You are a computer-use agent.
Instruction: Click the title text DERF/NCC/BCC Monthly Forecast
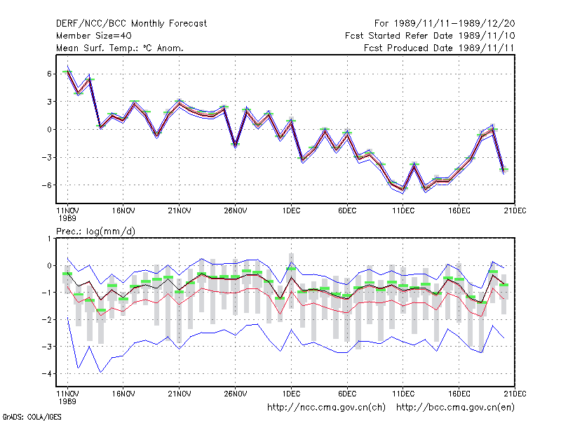pos(131,24)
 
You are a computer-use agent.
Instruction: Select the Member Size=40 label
pos(94,36)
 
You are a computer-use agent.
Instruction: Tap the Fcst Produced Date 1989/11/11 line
pos(439,48)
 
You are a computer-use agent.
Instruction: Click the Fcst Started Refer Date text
pos(402,36)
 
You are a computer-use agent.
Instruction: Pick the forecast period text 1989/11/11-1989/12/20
pos(454,24)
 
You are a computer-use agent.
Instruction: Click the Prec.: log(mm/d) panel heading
pos(95,232)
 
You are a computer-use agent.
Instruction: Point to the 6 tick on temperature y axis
pos(49,74)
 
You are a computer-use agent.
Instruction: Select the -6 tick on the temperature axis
pos(46,185)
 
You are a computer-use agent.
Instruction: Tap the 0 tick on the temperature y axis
pos(49,130)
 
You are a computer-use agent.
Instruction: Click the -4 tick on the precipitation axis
pos(46,374)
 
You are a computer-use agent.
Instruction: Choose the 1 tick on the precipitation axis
pos(49,239)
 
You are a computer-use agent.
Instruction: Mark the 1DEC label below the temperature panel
pos(291,211)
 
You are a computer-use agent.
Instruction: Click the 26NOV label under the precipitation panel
pos(236,394)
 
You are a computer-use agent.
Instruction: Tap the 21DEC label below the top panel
pos(515,211)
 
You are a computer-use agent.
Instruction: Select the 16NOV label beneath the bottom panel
pos(123,394)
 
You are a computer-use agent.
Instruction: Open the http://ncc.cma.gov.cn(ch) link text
pos(326,408)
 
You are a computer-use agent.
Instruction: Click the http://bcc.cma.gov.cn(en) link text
pos(455,408)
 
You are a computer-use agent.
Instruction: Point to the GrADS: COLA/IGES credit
pos(32,417)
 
